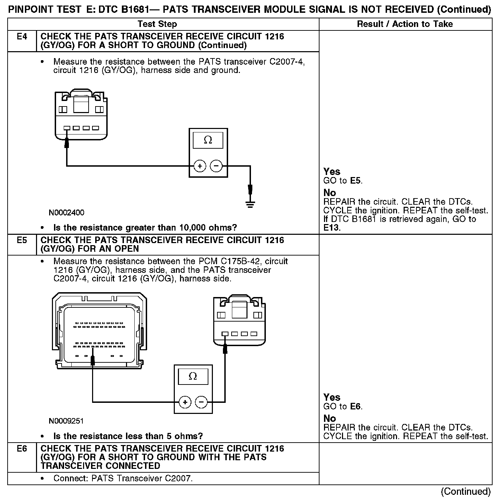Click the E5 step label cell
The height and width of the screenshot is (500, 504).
click(22, 240)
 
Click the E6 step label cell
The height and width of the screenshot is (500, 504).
click(22, 449)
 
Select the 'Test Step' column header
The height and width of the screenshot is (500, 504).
click(157, 24)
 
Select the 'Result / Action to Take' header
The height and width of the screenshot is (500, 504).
click(405, 24)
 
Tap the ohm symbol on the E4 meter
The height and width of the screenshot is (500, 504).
click(208, 140)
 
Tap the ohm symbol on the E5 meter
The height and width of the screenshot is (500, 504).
click(193, 376)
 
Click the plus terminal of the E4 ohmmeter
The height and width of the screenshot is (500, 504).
click(200, 166)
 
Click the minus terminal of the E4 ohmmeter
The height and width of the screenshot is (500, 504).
click(216, 166)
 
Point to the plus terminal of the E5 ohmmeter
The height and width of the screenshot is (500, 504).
click(185, 402)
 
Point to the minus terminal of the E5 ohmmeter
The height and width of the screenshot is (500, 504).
click(201, 402)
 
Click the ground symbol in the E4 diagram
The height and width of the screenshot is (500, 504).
click(250, 204)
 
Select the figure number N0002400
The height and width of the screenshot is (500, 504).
click(66, 212)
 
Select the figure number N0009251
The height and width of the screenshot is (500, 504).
click(66, 421)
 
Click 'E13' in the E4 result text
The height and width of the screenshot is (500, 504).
click(332, 228)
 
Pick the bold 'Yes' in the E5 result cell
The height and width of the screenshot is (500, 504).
click(332, 397)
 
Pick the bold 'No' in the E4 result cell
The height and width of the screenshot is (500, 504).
click(330, 193)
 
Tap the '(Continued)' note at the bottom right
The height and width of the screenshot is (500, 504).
click(466, 491)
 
